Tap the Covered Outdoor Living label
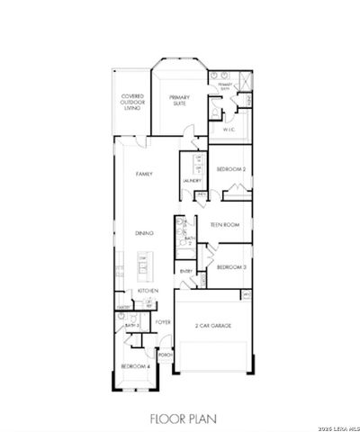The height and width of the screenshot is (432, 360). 133,102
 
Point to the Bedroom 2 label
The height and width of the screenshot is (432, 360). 231,168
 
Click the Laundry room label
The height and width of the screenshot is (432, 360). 190,181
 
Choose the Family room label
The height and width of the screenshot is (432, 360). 142,174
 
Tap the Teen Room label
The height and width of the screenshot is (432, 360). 224,226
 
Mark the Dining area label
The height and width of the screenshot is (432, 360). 143,233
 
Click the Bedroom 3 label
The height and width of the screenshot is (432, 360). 231,267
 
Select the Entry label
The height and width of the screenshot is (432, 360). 186,271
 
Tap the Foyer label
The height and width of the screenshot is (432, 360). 163,321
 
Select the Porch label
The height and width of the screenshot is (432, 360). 165,355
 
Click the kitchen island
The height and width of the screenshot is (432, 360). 142,265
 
